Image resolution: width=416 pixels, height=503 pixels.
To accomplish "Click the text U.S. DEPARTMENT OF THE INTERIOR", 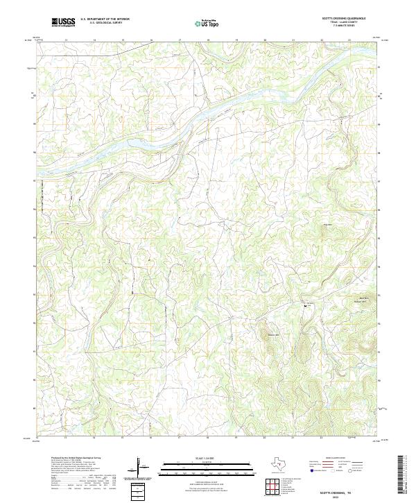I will (105, 19).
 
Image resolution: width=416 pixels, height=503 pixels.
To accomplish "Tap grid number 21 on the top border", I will (293, 40).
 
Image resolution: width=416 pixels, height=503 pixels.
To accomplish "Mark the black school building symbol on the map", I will (303, 305).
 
